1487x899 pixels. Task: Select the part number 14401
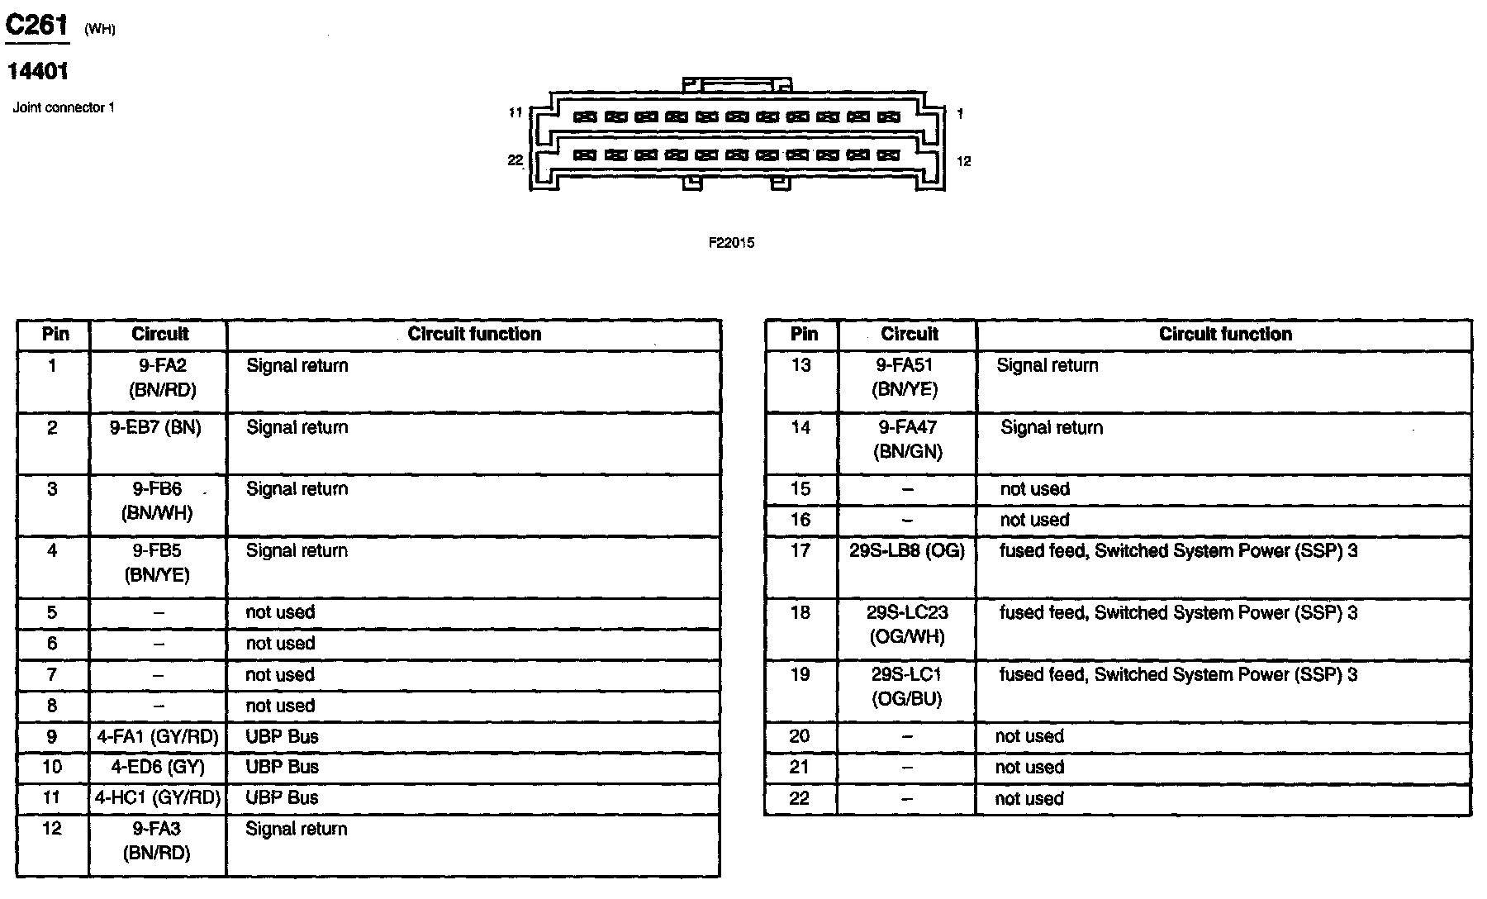pos(38,72)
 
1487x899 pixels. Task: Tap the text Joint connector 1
pos(64,107)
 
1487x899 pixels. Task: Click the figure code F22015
pos(731,243)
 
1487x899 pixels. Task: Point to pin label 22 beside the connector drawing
pos(515,160)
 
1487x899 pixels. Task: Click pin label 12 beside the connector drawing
pos(963,162)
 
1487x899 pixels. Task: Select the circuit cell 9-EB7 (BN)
pos(155,428)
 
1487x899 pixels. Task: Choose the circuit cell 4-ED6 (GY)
pos(158,767)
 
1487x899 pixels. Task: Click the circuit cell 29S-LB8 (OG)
pos(907,551)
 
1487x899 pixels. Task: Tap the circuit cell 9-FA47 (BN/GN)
pos(908,440)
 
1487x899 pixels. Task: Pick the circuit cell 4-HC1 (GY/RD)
pos(158,798)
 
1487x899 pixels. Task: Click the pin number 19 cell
pos(800,675)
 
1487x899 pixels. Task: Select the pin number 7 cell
pos(52,675)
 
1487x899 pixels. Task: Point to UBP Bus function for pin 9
pos(282,737)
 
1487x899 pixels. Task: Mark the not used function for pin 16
pos(1034,521)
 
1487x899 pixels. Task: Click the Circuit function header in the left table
pos(474,335)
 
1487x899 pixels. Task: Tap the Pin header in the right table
pos(803,335)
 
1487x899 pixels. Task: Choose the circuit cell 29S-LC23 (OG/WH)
pos(907,625)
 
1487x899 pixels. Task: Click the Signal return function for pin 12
pos(296,830)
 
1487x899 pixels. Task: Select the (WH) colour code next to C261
pos(100,31)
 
